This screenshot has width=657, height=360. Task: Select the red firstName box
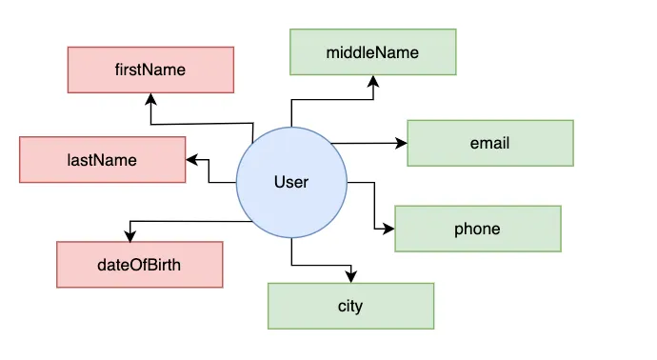pos(150,70)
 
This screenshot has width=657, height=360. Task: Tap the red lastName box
pos(103,160)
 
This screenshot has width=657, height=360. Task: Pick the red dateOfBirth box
pos(139,264)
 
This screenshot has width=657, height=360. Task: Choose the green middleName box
pos(373,51)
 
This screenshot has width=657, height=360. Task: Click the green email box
pos(490,143)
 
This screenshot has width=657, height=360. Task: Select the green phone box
pos(478,229)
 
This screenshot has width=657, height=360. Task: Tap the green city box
pos(350,306)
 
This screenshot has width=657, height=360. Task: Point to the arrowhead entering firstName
pos(149,98)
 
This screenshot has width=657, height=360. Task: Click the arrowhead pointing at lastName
pos(191,160)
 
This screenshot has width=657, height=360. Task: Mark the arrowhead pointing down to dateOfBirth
pos(128,235)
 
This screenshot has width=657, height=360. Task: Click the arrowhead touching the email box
pos(402,143)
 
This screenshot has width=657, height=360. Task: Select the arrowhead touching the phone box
pos(389,229)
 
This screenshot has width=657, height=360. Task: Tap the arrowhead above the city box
pos(350,277)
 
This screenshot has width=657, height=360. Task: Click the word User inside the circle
pos(291,181)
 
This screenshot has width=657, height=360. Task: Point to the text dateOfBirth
pos(139,264)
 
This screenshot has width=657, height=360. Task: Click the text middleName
pos(373,51)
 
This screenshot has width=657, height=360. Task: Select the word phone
pos(478,229)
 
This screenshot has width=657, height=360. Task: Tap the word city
pos(350,306)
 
